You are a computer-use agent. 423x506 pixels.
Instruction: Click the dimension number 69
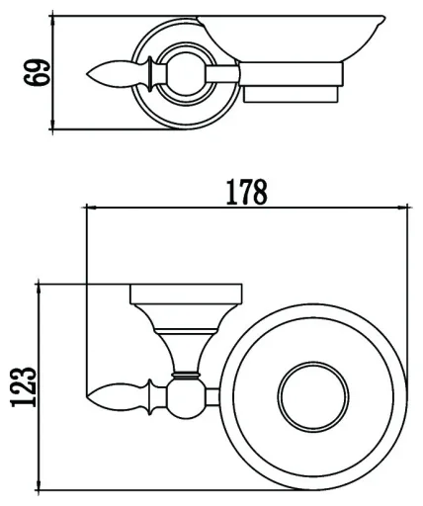pyautogui.click(x=37, y=73)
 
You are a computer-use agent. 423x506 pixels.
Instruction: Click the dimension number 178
pyautogui.click(x=246, y=192)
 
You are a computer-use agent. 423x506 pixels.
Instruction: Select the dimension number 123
pyautogui.click(x=23, y=386)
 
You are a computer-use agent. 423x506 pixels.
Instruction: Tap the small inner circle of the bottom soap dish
pyautogui.click(x=313, y=396)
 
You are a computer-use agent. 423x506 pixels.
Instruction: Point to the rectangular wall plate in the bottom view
pyautogui.click(x=187, y=294)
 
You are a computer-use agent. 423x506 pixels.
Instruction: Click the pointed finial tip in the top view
pyautogui.click(x=87, y=74)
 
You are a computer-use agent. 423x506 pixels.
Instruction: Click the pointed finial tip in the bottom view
pyautogui.click(x=86, y=396)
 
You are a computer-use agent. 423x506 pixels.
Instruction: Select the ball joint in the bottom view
pyautogui.click(x=187, y=398)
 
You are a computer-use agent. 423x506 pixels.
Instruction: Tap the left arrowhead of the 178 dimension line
pyautogui.click(x=91, y=208)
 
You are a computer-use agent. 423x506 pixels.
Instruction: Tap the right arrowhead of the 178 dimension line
pyautogui.click(x=403, y=208)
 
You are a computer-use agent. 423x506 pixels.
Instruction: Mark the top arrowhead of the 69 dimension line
pyautogui.click(x=52, y=21)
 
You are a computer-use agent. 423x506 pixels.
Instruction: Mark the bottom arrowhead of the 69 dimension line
pyautogui.click(x=52, y=125)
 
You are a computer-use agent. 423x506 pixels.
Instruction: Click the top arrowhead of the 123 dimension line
pyautogui.click(x=39, y=289)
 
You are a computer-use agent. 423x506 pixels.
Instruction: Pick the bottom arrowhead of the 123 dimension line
pyautogui.click(x=39, y=485)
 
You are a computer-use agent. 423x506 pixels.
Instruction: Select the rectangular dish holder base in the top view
pyautogui.click(x=292, y=82)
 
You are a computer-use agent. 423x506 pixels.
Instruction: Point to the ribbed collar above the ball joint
pyautogui.click(x=186, y=376)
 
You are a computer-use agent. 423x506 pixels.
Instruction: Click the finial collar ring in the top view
pyautogui.click(x=150, y=74)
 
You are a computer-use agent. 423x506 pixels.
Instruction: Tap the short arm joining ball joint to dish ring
pyautogui.click(x=213, y=397)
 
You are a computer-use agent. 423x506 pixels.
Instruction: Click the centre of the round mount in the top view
pyautogui.click(x=187, y=74)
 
